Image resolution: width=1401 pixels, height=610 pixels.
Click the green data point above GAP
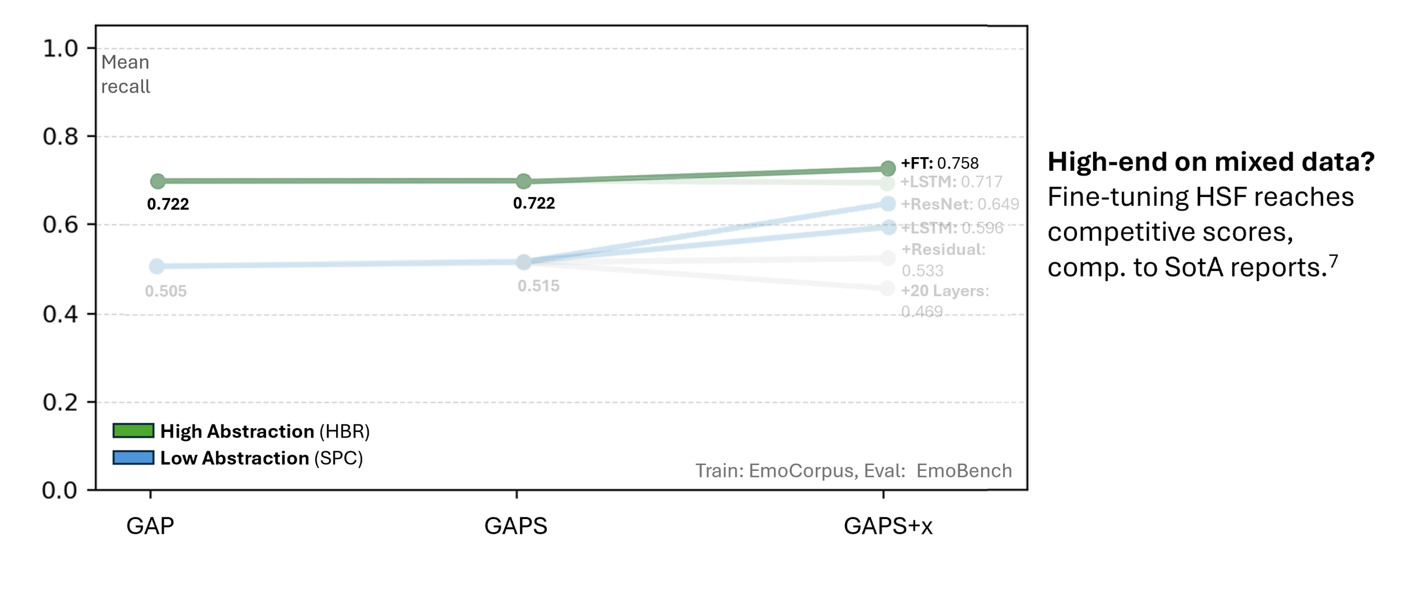pos(157,181)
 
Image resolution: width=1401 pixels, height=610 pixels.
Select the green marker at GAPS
pos(524,181)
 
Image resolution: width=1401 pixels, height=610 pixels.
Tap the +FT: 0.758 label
pos(940,163)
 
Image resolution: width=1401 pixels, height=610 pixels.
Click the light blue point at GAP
pos(157,267)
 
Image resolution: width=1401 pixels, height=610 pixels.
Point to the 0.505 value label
pos(166,291)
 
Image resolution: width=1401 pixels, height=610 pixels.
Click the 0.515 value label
pos(539,286)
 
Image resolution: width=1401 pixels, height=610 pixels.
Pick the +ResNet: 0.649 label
pos(960,204)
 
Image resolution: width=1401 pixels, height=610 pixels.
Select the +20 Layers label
pos(945,291)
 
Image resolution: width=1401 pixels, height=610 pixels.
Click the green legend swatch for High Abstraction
pos(133,431)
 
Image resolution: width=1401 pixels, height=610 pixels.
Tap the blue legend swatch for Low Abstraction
pos(133,457)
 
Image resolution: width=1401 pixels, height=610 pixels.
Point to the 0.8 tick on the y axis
pos(61,137)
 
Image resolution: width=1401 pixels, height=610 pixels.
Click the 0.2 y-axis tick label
pos(61,403)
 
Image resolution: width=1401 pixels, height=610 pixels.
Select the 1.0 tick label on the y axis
pos(61,49)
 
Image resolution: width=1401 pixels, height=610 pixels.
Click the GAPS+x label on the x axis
pos(888,526)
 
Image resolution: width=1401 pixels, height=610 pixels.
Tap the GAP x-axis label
pos(150,526)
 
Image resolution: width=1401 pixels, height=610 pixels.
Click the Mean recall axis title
pos(125,74)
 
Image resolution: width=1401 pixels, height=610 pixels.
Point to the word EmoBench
pos(964,471)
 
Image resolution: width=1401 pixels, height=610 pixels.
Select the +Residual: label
pos(943,250)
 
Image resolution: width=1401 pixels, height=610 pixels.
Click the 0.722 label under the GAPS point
pos(534,203)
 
